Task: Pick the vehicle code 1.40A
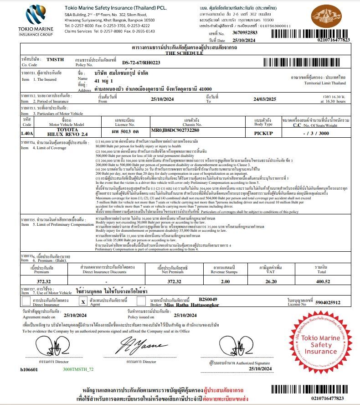point(27,133)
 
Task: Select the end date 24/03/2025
point(268,99)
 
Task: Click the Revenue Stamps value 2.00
point(225,281)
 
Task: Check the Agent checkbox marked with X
point(83,301)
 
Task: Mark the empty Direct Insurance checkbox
point(26,301)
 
